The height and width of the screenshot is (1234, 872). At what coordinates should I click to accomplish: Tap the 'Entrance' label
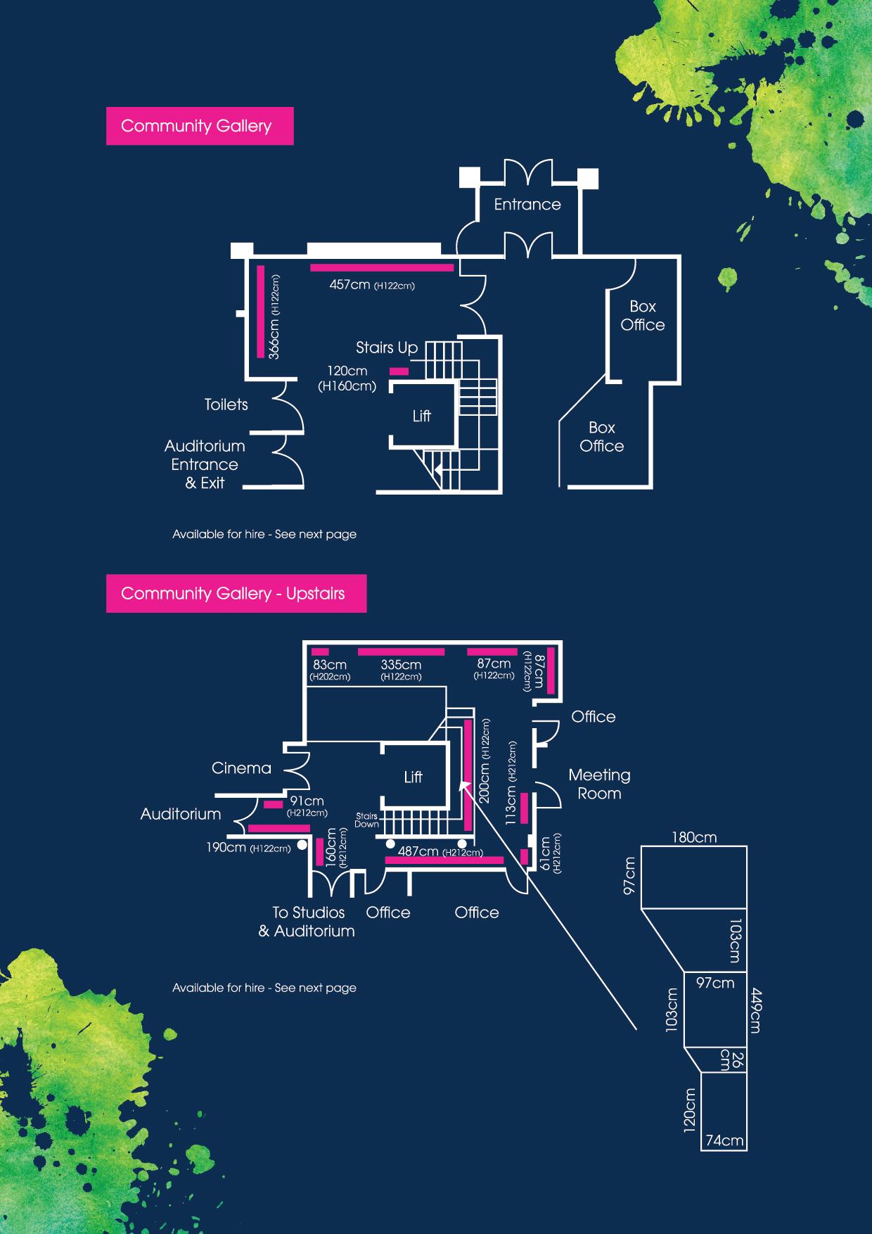(527, 205)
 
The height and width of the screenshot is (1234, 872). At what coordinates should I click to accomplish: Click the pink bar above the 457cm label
(382, 268)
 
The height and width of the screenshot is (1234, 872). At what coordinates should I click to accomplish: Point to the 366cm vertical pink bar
(261, 312)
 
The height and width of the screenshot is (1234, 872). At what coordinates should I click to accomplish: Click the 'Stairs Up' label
(386, 348)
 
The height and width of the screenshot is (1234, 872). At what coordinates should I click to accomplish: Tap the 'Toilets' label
(226, 405)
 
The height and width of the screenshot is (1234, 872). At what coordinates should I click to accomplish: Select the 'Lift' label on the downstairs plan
(421, 416)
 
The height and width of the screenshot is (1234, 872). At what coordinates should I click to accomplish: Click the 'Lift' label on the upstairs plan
(413, 777)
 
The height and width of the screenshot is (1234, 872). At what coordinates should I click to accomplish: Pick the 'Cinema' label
(241, 768)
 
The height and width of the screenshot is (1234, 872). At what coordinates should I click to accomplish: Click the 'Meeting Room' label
(599, 784)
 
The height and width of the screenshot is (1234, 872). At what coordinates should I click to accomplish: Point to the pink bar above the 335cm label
(401, 652)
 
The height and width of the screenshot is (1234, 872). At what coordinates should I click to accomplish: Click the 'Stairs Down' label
(366, 820)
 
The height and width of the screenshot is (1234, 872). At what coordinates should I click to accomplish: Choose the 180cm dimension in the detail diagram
(693, 837)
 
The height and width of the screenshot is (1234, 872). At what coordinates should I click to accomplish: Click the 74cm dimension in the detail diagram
(724, 1140)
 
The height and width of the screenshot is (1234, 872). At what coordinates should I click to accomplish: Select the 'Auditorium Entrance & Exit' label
(205, 464)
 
